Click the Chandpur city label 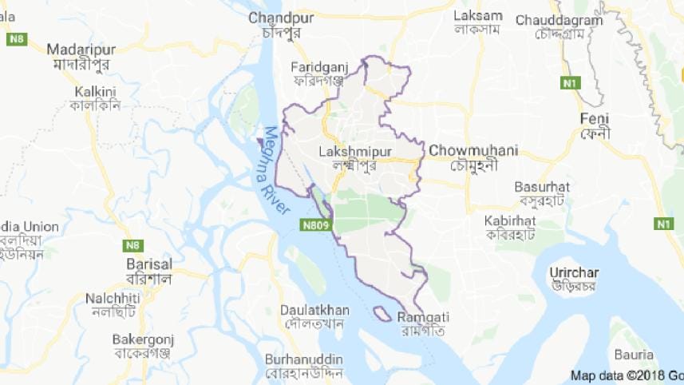click(277, 17)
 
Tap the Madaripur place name click(81, 49)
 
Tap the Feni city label click(595, 118)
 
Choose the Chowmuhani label click(473, 149)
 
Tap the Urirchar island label click(573, 272)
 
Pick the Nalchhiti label click(113, 298)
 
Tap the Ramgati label click(422, 316)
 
